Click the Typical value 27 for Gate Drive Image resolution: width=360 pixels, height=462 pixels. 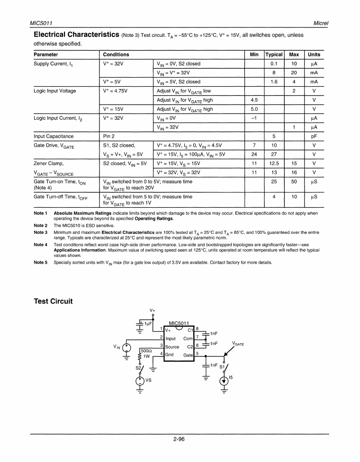[x=273, y=154]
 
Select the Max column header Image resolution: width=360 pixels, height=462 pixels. [x=294, y=54]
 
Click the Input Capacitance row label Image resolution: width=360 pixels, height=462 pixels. [x=54, y=136]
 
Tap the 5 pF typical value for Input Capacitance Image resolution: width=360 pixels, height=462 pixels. [x=274, y=136]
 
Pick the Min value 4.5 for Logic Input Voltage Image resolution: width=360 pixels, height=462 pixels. [x=254, y=100]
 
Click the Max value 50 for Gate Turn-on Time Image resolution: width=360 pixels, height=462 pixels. [x=294, y=181]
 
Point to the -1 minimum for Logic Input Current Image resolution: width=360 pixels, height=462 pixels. [x=254, y=118]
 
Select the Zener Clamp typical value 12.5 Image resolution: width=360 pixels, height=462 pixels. [x=273, y=163]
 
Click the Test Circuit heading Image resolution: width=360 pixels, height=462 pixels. [x=53, y=302]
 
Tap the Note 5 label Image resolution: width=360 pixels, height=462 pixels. [x=40, y=262]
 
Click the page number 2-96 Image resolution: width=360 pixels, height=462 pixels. [x=179, y=439]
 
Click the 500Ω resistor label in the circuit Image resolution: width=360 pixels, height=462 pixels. [x=145, y=351]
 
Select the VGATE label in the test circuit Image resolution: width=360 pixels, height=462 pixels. [x=238, y=344]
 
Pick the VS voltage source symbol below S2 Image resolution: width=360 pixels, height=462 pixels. [x=141, y=380]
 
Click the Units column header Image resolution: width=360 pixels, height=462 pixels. [x=314, y=54]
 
